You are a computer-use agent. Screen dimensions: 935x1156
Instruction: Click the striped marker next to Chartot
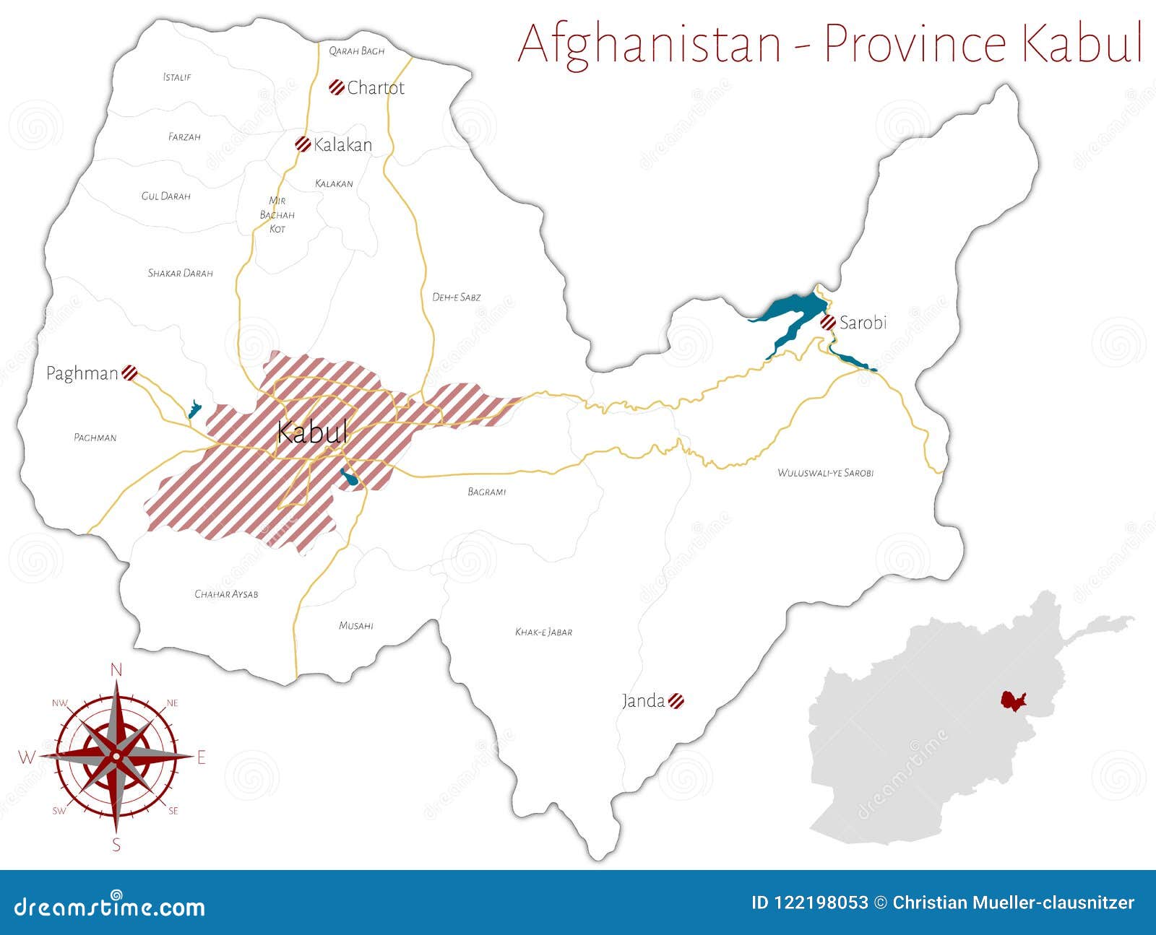(x=336, y=87)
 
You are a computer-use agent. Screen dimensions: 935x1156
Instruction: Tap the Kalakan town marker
(x=303, y=144)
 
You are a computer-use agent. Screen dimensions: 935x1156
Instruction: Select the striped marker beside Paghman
(x=129, y=373)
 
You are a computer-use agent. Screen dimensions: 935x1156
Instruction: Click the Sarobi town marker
(x=828, y=323)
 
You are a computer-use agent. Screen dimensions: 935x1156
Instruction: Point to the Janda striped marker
(x=676, y=700)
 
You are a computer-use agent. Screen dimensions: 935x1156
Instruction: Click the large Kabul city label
(x=312, y=432)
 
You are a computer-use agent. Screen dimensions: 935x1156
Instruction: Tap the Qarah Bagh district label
(x=356, y=51)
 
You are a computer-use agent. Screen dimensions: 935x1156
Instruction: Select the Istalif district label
(x=177, y=77)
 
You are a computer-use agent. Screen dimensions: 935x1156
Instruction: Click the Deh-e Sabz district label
(x=456, y=297)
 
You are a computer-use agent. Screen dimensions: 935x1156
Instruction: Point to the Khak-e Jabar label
(x=543, y=632)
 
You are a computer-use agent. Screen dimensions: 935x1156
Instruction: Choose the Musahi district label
(x=355, y=626)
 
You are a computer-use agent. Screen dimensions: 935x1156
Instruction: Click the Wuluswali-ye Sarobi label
(x=825, y=473)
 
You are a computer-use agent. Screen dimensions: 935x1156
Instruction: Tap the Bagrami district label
(x=486, y=492)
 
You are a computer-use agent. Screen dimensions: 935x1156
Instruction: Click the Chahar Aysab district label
(x=226, y=594)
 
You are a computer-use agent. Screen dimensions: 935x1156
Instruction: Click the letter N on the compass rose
(x=116, y=670)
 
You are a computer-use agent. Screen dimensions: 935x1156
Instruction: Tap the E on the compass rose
(x=202, y=757)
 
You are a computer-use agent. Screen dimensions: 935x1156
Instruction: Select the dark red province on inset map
(x=1013, y=701)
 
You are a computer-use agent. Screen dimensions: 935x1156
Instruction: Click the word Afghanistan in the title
(x=650, y=43)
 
